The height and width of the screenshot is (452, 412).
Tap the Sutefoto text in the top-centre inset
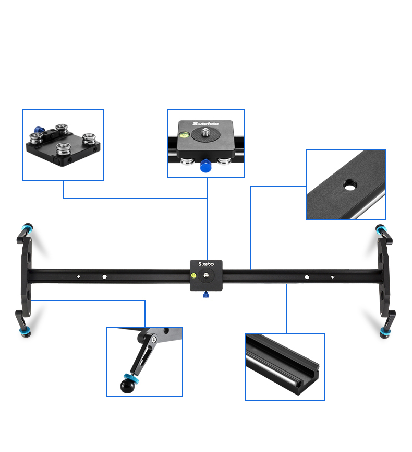(206, 124)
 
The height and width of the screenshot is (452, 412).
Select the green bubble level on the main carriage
(193, 274)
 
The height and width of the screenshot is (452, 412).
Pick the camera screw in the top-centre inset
(205, 135)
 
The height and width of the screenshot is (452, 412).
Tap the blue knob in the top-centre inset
(205, 166)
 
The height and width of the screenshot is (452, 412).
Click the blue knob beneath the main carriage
(205, 296)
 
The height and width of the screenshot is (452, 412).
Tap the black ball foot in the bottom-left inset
(127, 386)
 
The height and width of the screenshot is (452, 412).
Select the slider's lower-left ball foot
(25, 332)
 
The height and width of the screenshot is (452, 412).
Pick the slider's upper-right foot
(381, 230)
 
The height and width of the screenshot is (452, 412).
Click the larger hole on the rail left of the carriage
(105, 276)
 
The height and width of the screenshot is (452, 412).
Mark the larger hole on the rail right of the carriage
(307, 277)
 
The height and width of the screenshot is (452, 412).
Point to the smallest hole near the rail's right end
(332, 277)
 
